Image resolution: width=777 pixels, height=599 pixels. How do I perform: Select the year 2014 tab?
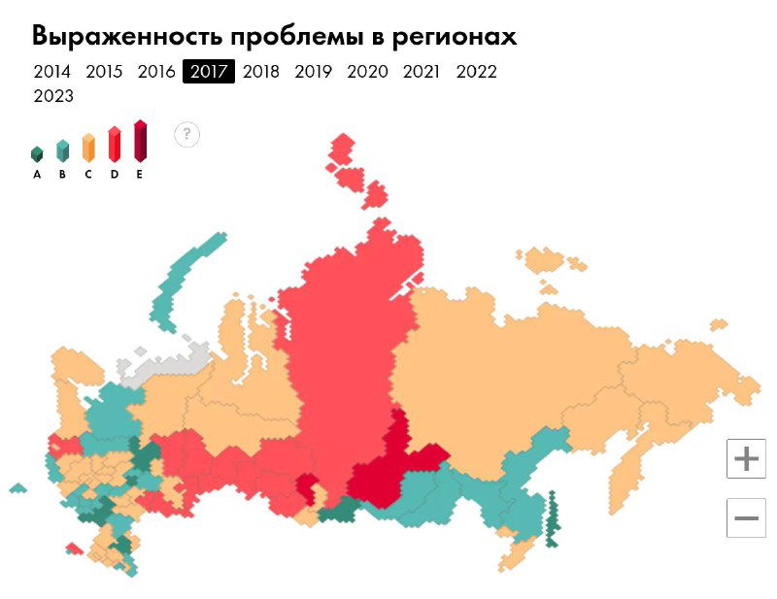click(51, 72)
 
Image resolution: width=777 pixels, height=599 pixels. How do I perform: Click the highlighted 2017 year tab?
click(209, 72)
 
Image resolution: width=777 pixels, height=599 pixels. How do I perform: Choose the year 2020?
click(367, 72)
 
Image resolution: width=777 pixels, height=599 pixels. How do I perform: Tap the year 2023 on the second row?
click(52, 96)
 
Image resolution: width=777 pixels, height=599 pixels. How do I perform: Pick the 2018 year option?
click(261, 72)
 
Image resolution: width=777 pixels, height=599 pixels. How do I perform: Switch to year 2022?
click(476, 72)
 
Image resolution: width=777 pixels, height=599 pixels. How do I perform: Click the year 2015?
click(104, 72)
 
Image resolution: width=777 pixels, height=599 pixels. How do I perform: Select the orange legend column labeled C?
click(88, 148)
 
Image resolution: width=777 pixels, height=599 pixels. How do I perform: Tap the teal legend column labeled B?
click(62, 150)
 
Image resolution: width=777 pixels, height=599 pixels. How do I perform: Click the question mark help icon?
click(186, 135)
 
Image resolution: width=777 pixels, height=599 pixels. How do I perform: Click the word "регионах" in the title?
click(453, 37)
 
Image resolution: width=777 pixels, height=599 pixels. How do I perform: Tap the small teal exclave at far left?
click(17, 487)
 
